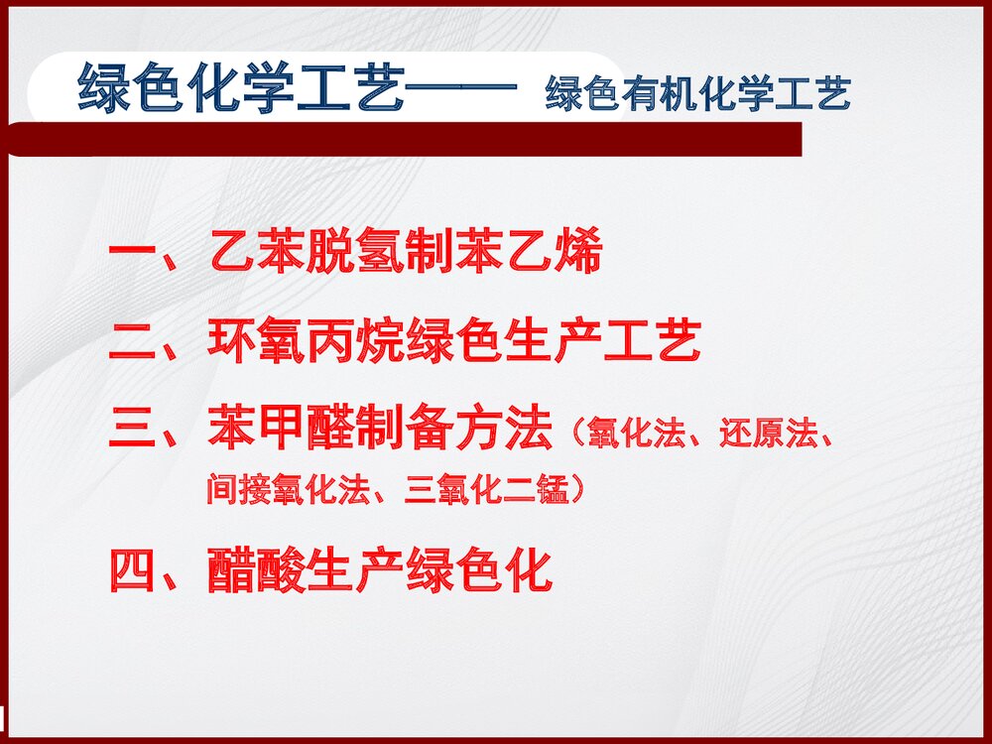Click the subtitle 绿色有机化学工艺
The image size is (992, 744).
[x=697, y=94]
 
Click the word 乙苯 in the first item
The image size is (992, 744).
[x=257, y=255]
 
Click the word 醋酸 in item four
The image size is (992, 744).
[x=257, y=572]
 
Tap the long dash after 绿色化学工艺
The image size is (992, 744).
[x=462, y=89]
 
